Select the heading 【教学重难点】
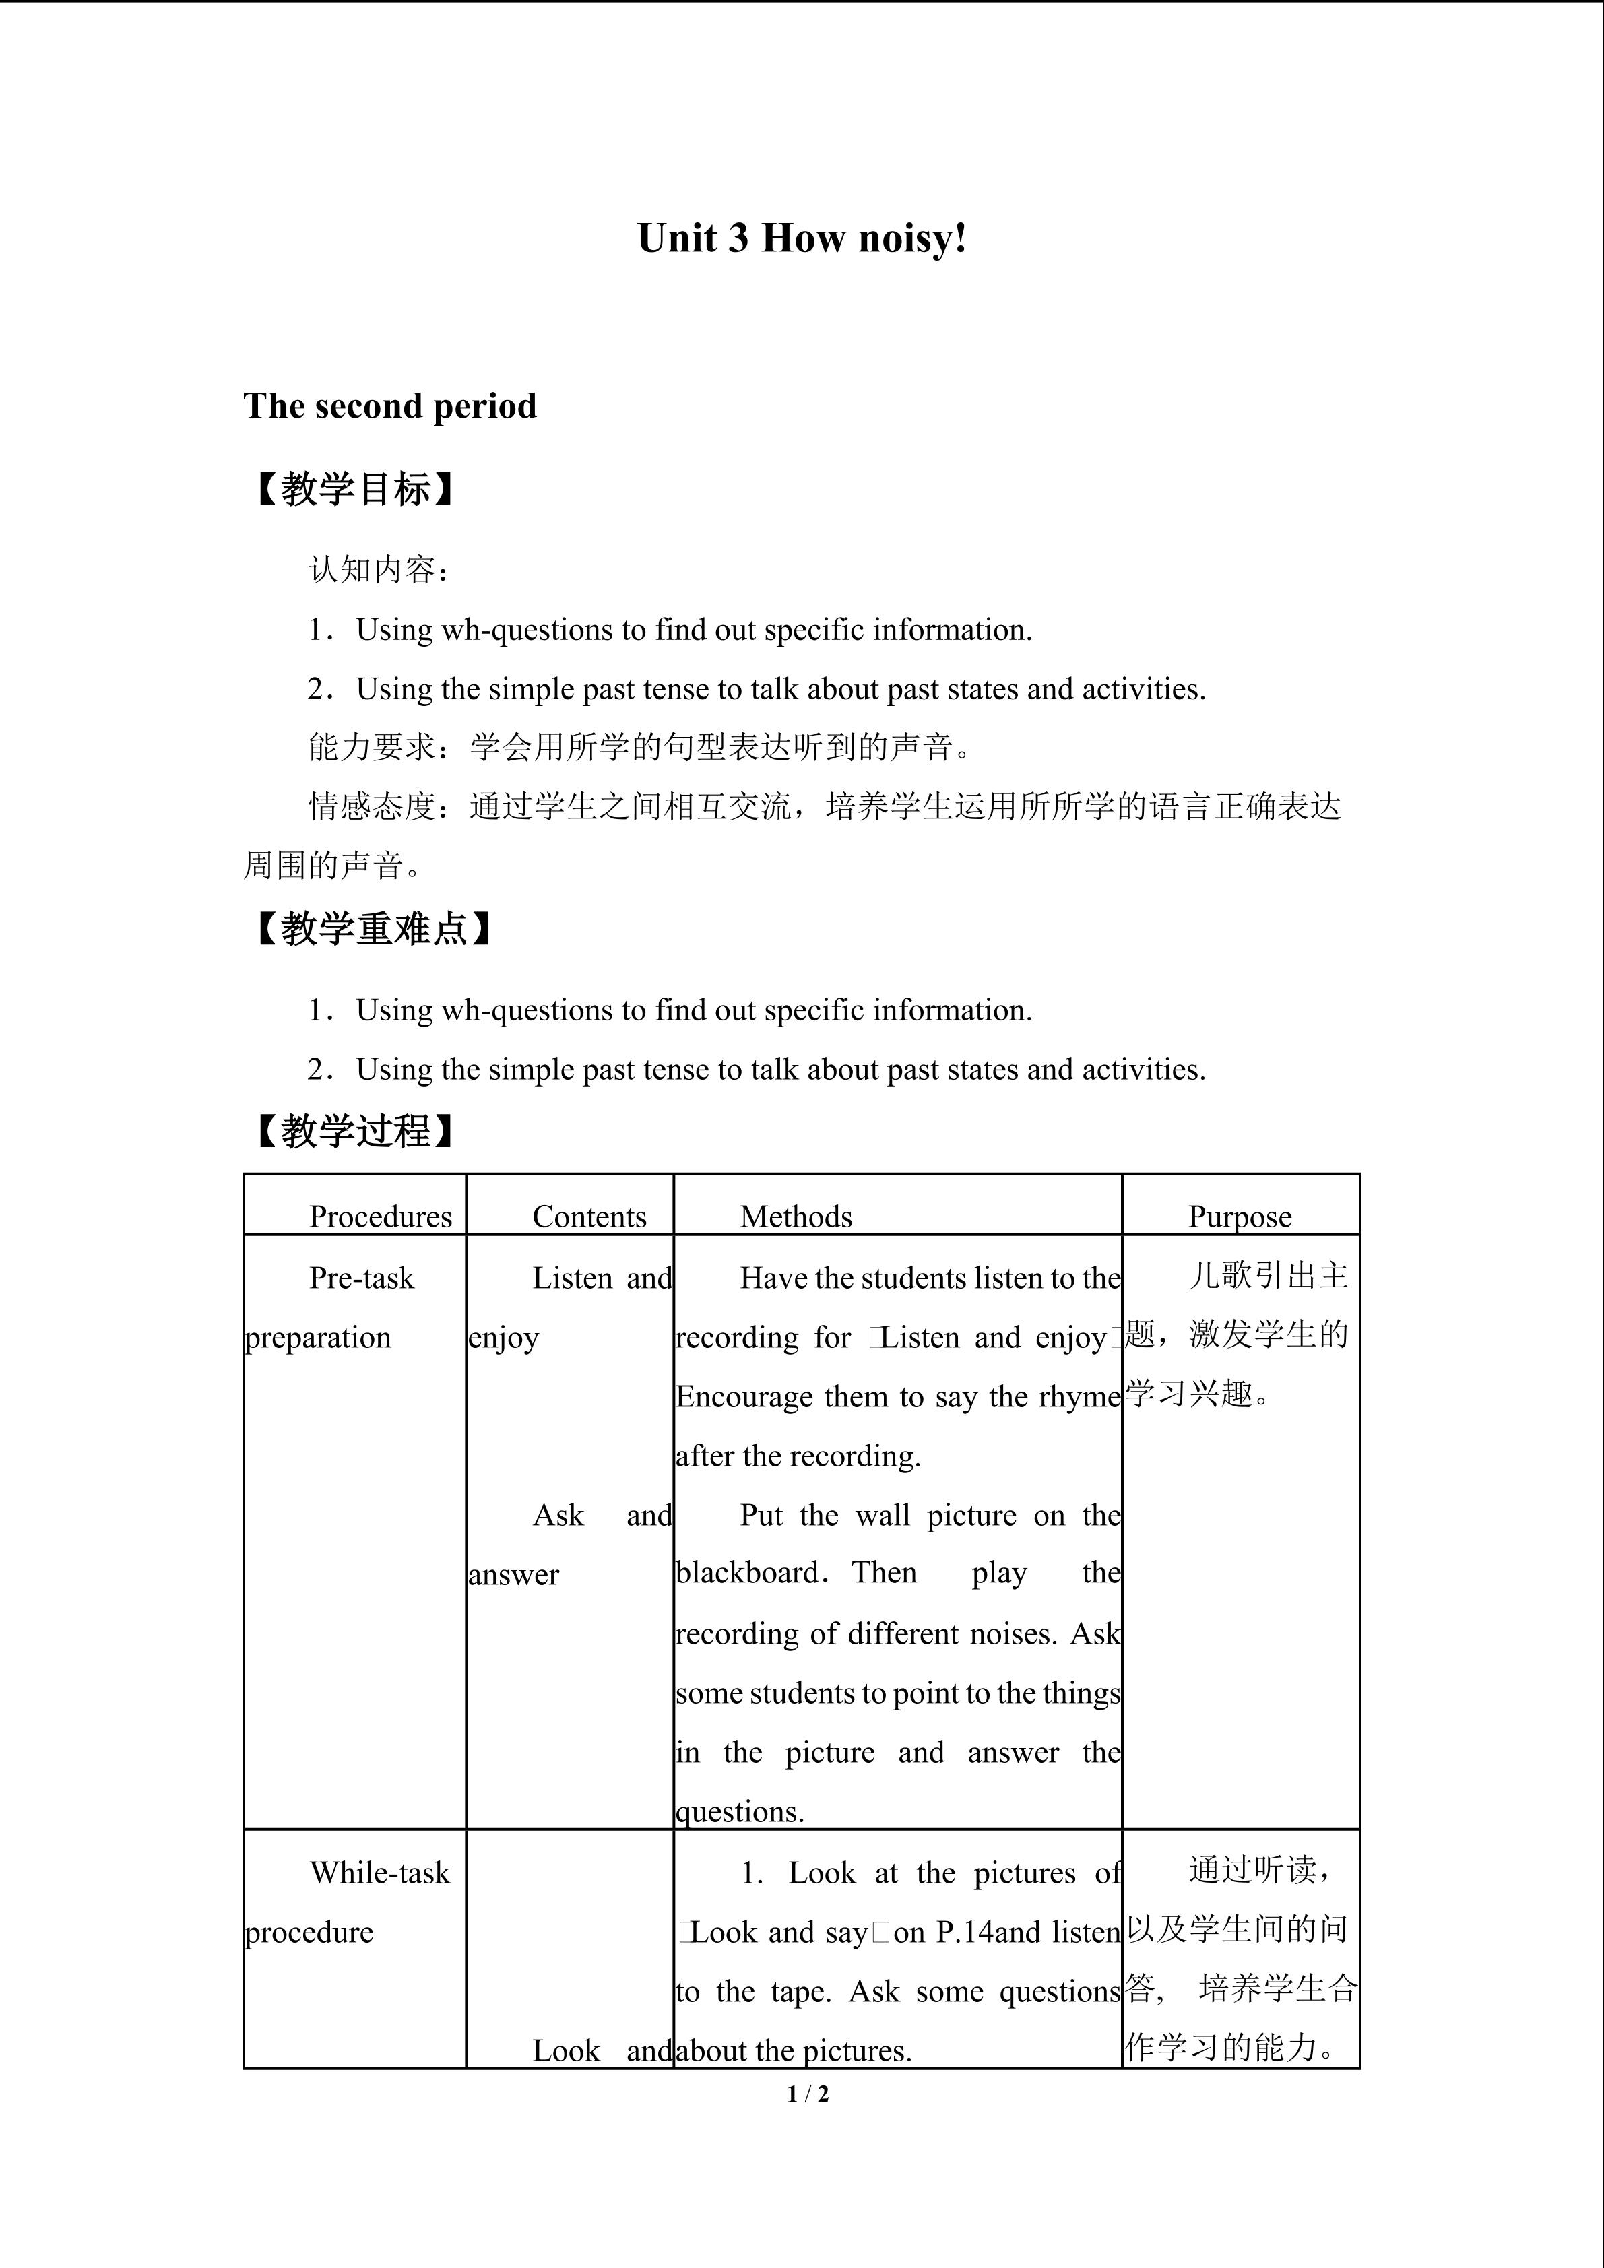coord(373,928)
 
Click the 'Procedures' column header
coord(380,1216)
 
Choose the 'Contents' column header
coord(589,1216)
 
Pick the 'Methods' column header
coord(796,1216)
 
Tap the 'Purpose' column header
coord(1240,1216)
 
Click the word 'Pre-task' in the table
coord(362,1277)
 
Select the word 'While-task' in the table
coord(380,1872)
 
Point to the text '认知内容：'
coord(380,570)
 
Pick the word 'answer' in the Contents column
coord(513,1575)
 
